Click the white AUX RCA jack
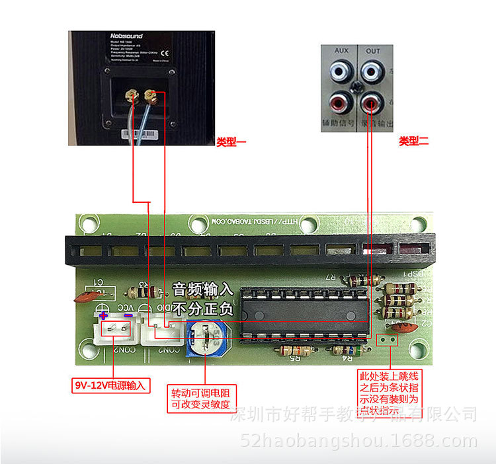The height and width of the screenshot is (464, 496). [x=342, y=69]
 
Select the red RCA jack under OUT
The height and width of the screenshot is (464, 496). [x=371, y=102]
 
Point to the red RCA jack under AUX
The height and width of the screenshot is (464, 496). [x=342, y=102]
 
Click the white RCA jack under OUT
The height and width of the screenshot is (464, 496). [x=372, y=69]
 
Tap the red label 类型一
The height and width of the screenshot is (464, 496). [x=231, y=141]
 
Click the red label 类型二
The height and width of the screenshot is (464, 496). [x=414, y=141]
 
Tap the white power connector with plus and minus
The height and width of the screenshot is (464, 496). [x=114, y=329]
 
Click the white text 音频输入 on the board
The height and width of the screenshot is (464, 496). [x=203, y=290]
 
